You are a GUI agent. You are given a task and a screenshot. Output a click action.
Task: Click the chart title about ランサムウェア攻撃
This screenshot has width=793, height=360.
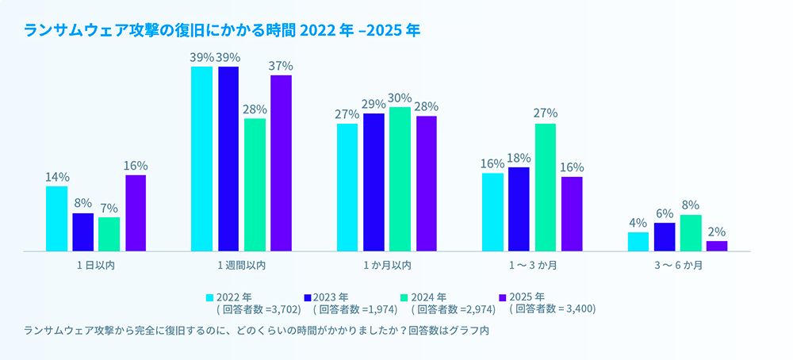223,31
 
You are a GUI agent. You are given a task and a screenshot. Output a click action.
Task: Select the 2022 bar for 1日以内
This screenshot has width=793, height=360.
56,219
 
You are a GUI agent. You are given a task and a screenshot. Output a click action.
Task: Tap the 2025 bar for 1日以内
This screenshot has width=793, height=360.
136,213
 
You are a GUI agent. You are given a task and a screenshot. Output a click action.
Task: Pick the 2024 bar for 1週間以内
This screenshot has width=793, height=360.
255,185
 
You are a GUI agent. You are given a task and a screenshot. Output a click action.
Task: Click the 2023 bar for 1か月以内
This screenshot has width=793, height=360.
374,182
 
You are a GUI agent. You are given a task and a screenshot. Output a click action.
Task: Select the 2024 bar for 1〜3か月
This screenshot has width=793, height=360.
546,187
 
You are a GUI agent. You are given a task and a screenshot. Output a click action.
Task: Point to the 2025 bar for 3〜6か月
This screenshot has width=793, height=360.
717,246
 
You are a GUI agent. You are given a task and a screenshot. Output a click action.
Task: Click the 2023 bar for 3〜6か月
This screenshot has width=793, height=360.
665,237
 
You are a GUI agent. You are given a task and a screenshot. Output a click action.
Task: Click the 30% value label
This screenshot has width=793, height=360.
400,98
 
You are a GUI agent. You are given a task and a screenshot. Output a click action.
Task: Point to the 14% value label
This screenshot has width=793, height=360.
56,177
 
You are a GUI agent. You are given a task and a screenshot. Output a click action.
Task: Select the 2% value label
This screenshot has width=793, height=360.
717,232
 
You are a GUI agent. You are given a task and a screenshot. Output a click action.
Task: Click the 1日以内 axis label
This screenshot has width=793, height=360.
96,266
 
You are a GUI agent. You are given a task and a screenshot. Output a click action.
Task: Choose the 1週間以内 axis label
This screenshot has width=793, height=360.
241,266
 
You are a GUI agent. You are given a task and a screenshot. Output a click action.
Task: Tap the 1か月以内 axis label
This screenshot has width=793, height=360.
386,266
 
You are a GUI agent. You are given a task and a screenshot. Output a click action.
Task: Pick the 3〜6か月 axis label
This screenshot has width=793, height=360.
677,266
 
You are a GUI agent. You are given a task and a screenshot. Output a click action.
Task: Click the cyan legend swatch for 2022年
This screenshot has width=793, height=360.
210,297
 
